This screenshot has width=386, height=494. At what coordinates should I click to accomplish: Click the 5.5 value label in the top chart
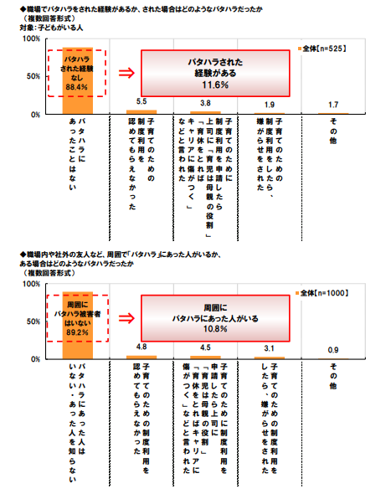pos(142,101)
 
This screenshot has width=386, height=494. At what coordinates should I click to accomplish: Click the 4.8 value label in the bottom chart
pos(142,347)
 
